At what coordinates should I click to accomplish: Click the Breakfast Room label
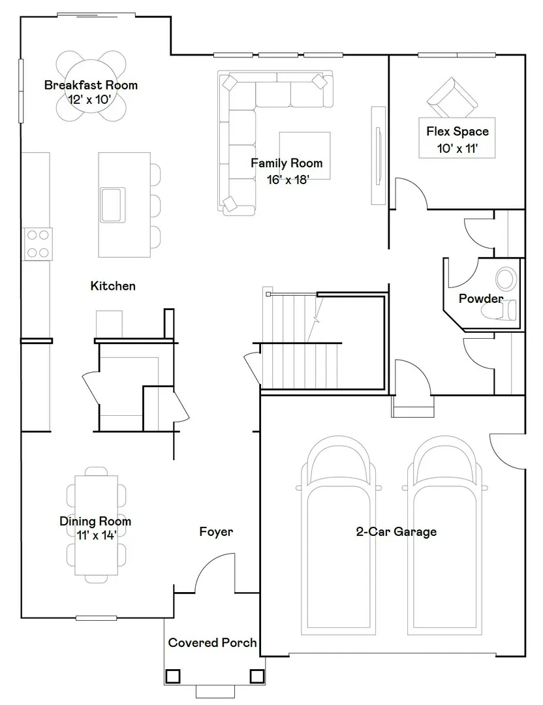click(91, 85)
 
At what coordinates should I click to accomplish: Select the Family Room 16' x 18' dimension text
click(288, 180)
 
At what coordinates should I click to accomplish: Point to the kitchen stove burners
click(38, 243)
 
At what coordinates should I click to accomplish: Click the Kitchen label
click(113, 286)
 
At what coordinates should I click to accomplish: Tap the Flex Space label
click(458, 131)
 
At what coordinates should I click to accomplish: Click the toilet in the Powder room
click(499, 310)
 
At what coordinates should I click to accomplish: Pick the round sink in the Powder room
click(506, 279)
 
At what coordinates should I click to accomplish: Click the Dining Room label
click(95, 521)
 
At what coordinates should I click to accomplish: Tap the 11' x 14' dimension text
click(97, 535)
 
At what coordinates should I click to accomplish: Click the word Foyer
click(216, 532)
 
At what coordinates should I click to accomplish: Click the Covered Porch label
click(212, 642)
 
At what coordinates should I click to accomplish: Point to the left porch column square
click(173, 676)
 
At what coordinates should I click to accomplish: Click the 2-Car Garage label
click(396, 532)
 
